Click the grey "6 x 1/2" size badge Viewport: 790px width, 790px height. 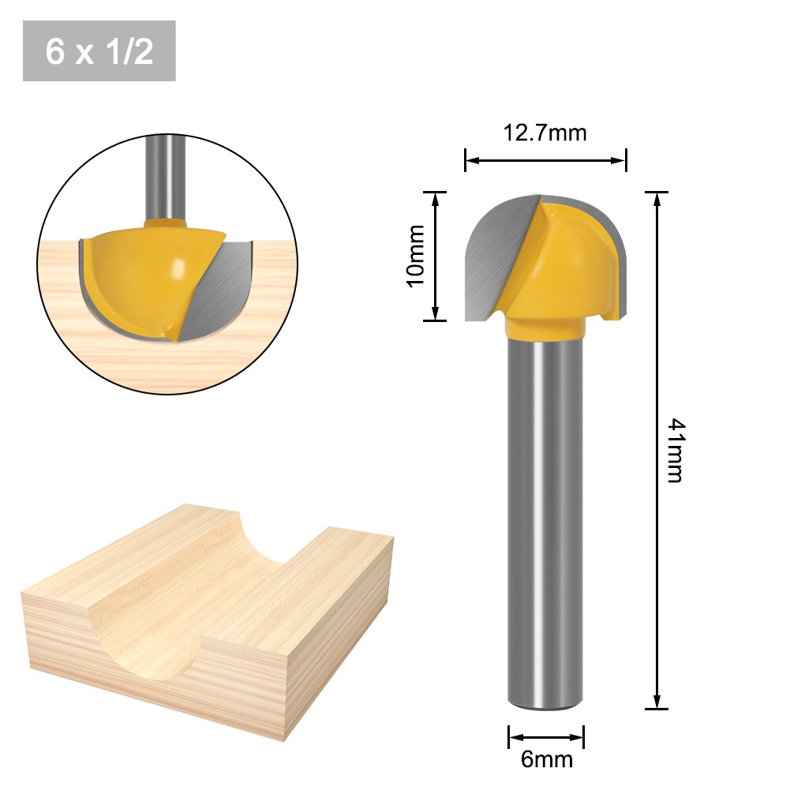(x=99, y=51)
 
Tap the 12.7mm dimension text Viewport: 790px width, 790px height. (x=545, y=133)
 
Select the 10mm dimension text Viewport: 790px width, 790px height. (x=416, y=256)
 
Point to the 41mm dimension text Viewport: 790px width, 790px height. (x=674, y=451)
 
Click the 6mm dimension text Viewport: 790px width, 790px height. (x=546, y=760)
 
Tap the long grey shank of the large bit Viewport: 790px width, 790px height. (x=545, y=513)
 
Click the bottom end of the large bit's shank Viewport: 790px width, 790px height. (x=545, y=705)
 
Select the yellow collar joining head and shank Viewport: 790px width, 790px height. (x=545, y=326)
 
